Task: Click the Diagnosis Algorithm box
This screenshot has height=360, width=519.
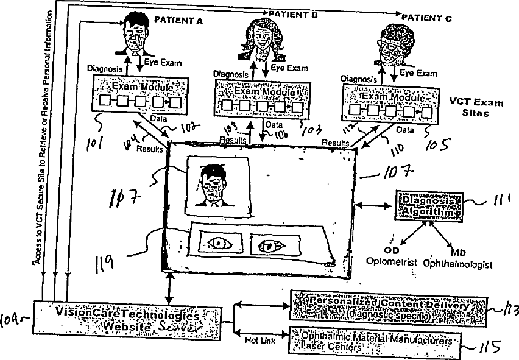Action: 429,206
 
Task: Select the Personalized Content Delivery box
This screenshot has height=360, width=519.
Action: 389,309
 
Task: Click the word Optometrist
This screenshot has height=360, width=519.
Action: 391,263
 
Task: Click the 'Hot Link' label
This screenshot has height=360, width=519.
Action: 259,341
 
